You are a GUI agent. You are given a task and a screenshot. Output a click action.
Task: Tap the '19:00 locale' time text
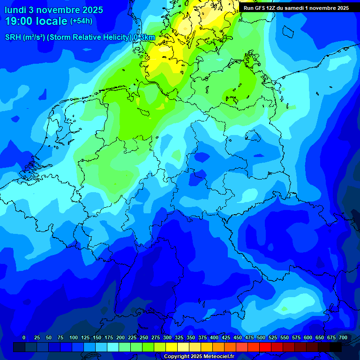tap(36, 21)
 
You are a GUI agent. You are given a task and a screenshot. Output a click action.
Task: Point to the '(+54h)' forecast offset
tap(81, 21)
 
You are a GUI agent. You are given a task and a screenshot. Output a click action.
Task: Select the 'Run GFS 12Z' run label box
tap(296, 8)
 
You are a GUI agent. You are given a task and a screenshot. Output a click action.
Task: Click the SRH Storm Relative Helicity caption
tap(80, 37)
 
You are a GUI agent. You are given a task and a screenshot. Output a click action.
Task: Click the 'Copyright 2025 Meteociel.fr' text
tap(198, 357)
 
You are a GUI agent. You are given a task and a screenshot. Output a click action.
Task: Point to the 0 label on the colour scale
tap(24, 338)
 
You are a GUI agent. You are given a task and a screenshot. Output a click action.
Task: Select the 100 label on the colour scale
tap(74, 338)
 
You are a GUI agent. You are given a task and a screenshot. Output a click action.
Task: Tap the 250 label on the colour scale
tap(144, 338)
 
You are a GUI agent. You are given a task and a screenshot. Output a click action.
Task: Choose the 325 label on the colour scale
tap(179, 338)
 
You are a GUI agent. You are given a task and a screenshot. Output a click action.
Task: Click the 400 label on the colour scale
tap(214, 338)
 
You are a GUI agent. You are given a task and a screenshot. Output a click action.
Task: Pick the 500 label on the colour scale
tap(261, 338)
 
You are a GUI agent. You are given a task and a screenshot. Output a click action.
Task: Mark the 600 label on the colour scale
tap(308, 338)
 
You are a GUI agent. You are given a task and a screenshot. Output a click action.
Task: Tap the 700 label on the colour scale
tap(343, 338)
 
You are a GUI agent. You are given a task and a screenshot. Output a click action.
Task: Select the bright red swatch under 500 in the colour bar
tap(265, 347)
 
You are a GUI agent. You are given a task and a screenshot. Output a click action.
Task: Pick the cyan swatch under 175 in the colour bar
tap(113, 347)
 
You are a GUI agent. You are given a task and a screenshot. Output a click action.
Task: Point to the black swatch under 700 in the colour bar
tap(336, 347)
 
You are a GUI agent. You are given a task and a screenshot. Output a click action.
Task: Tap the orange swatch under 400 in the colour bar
tap(218, 347)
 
